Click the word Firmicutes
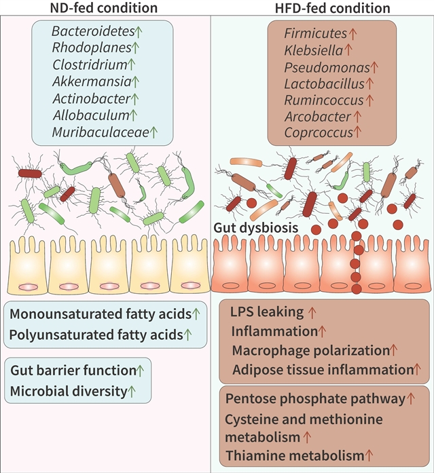tap(315, 32)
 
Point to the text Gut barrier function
tap(73, 370)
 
